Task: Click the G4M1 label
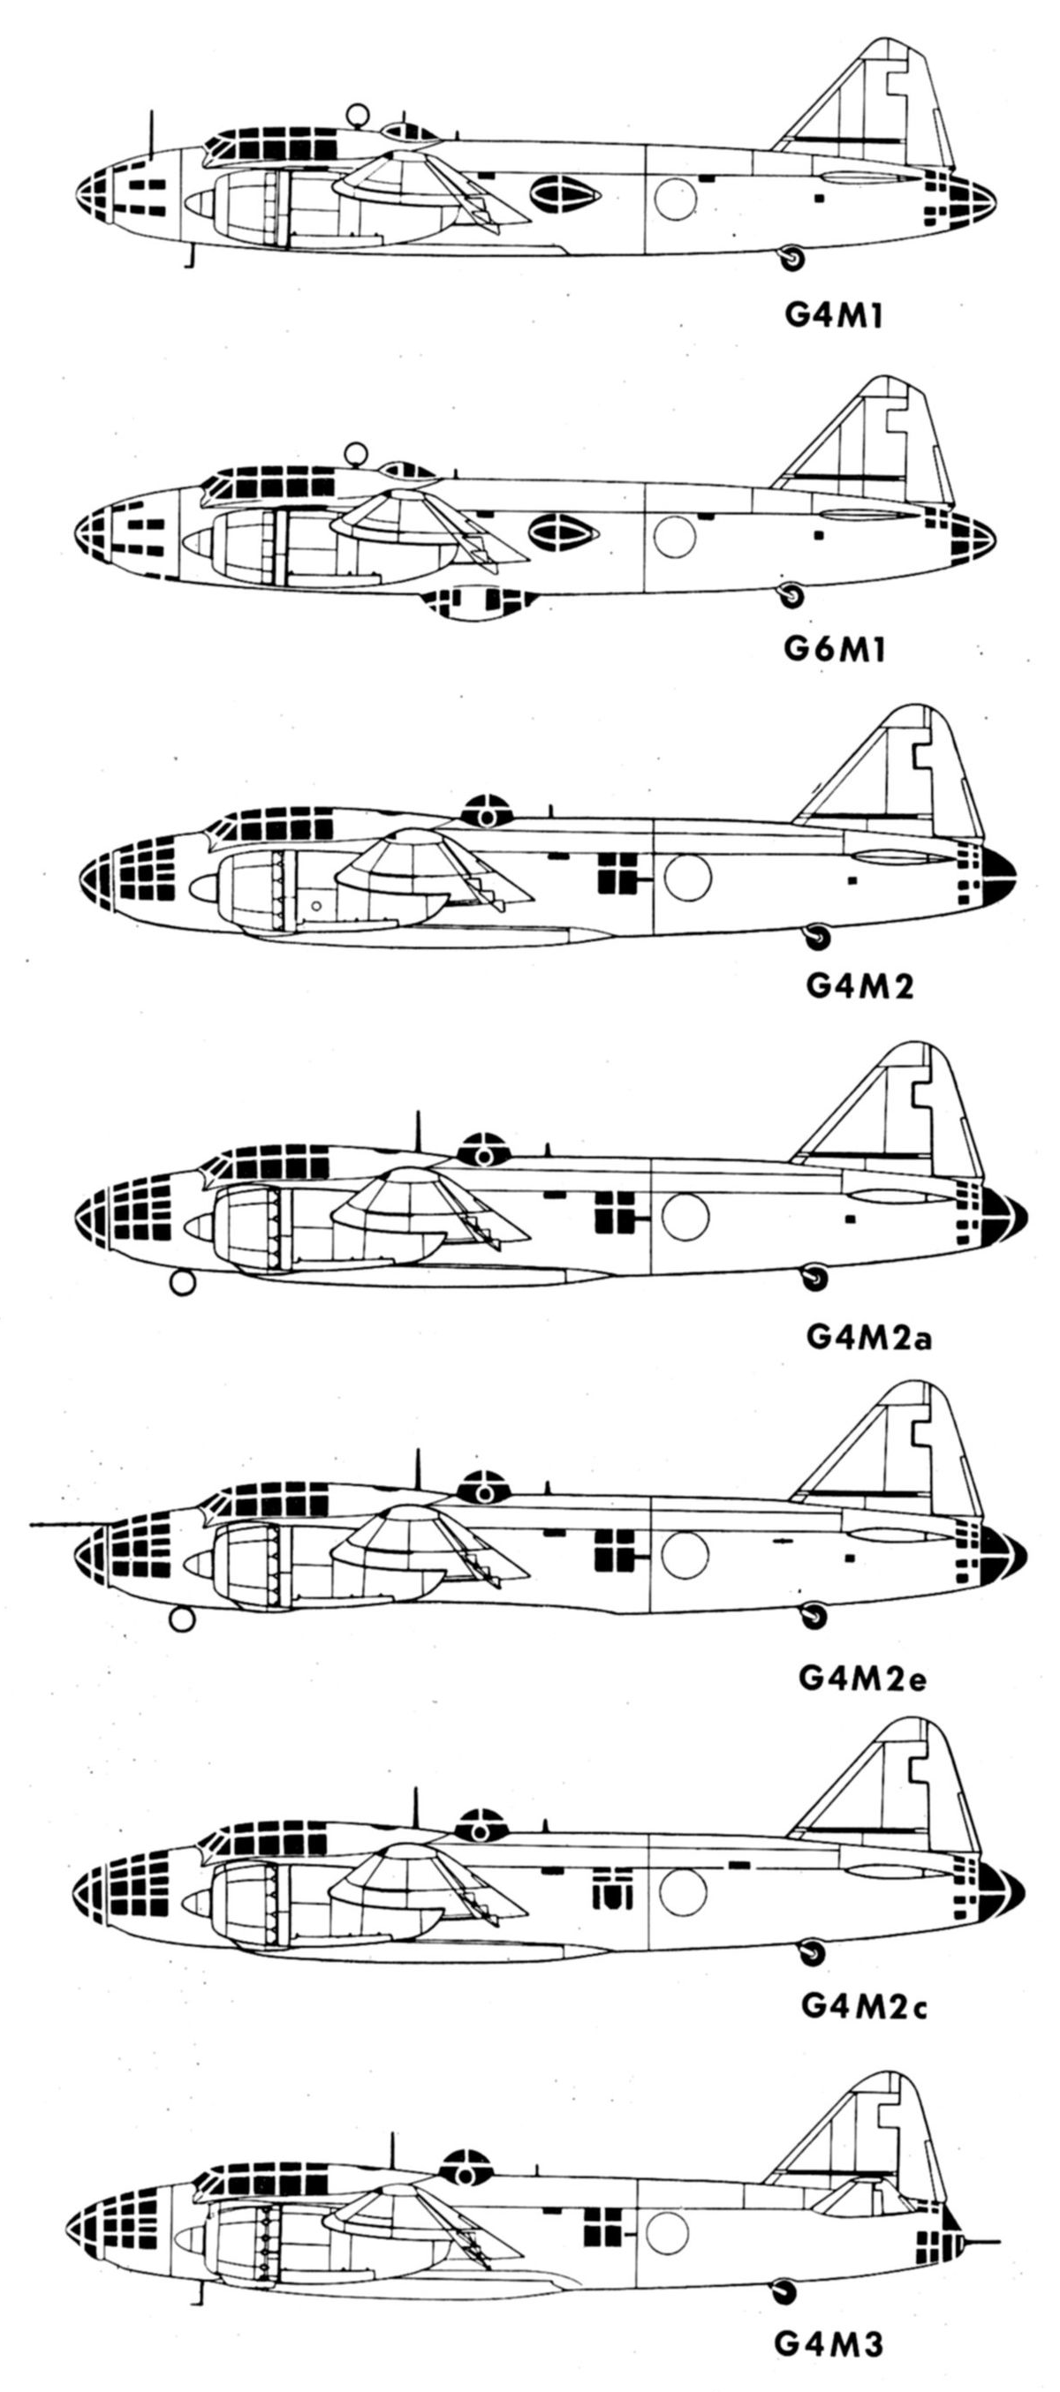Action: pos(833,316)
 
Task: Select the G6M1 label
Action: pos(833,648)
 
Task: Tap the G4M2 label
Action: pos(859,985)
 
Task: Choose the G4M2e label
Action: pos(863,1677)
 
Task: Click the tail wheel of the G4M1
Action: pos(791,257)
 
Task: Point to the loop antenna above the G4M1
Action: pos(357,116)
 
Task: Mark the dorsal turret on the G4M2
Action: pos(487,811)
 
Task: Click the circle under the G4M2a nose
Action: pos(183,1283)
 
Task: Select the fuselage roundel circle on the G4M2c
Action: pos(682,1889)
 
